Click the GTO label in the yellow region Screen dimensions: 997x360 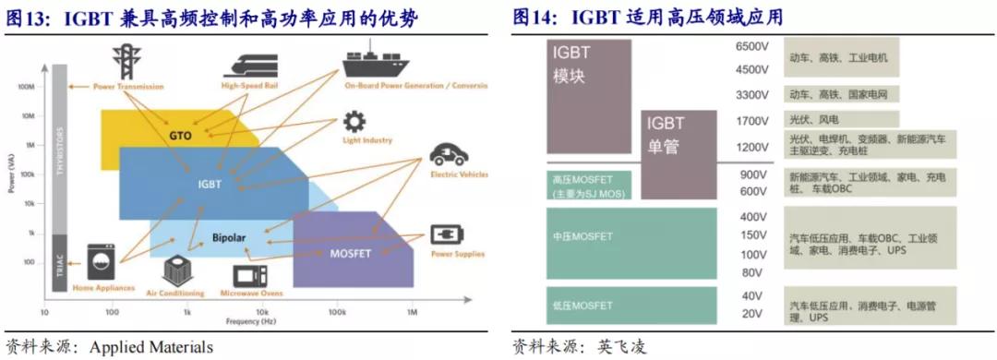[x=180, y=136]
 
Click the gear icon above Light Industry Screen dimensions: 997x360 [x=354, y=123]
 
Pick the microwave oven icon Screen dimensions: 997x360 [x=250, y=275]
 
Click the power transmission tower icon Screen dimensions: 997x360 [x=123, y=60]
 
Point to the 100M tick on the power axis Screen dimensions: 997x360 [x=26, y=87]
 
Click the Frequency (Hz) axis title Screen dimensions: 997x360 [x=251, y=320]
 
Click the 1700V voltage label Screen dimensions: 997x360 [x=752, y=121]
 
